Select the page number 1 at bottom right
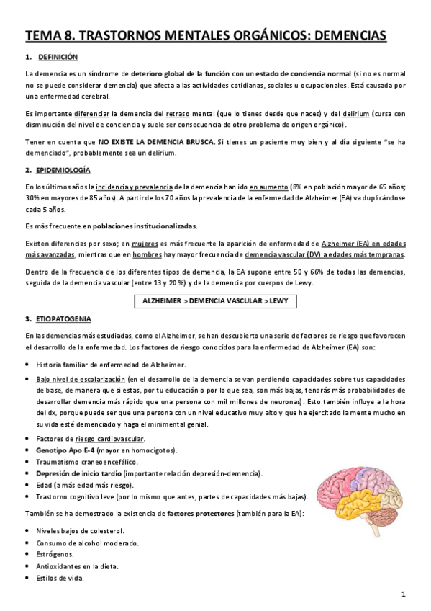404,594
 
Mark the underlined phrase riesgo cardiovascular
114,439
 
